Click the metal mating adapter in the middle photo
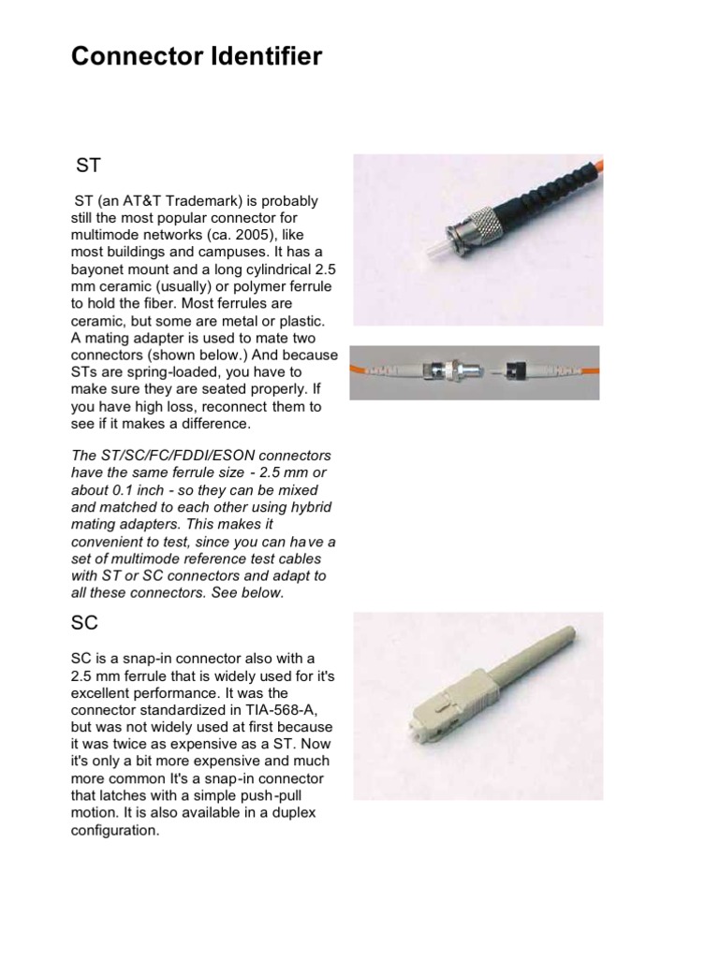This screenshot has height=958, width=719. pos(439,371)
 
